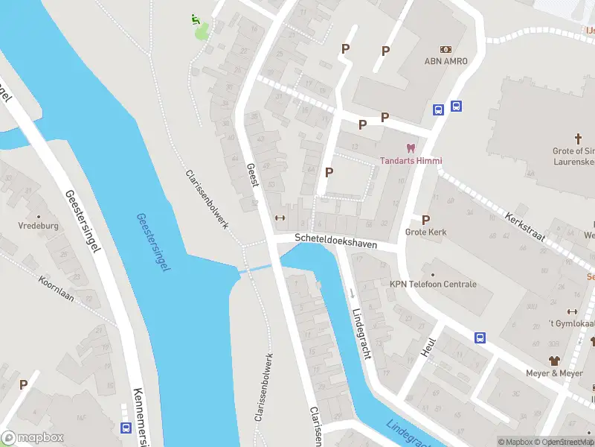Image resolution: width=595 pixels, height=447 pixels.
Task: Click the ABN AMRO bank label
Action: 446,61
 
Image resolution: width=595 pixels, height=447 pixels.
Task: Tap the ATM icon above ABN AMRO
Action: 446,48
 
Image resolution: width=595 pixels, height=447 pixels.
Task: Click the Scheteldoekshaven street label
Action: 335,244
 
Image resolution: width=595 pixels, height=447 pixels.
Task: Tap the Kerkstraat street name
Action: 525,227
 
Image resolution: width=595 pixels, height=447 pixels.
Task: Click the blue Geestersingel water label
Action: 153,241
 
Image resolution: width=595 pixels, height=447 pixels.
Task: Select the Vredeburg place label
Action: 39,224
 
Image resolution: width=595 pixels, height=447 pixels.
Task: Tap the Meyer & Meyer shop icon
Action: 555,361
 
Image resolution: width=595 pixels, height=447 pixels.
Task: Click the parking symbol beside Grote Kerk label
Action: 425,220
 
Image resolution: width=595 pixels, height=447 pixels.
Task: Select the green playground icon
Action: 196,19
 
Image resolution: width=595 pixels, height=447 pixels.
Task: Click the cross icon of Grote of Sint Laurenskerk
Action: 578,139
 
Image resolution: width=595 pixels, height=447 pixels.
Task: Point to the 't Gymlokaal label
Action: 570,324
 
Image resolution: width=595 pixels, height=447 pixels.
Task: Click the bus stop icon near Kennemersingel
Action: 126,428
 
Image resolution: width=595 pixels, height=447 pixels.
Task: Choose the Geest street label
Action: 252,177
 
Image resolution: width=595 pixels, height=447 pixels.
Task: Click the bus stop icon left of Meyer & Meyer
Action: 480,337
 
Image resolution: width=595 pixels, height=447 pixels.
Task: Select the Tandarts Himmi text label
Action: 411,161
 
